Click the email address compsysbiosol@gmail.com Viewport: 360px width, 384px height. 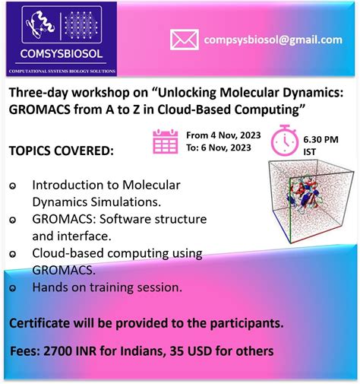272,40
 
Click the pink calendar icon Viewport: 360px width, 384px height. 166,142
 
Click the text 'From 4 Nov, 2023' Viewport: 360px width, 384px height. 218,135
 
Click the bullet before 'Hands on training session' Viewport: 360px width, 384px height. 12,289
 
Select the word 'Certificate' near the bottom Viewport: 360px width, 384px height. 40,323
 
